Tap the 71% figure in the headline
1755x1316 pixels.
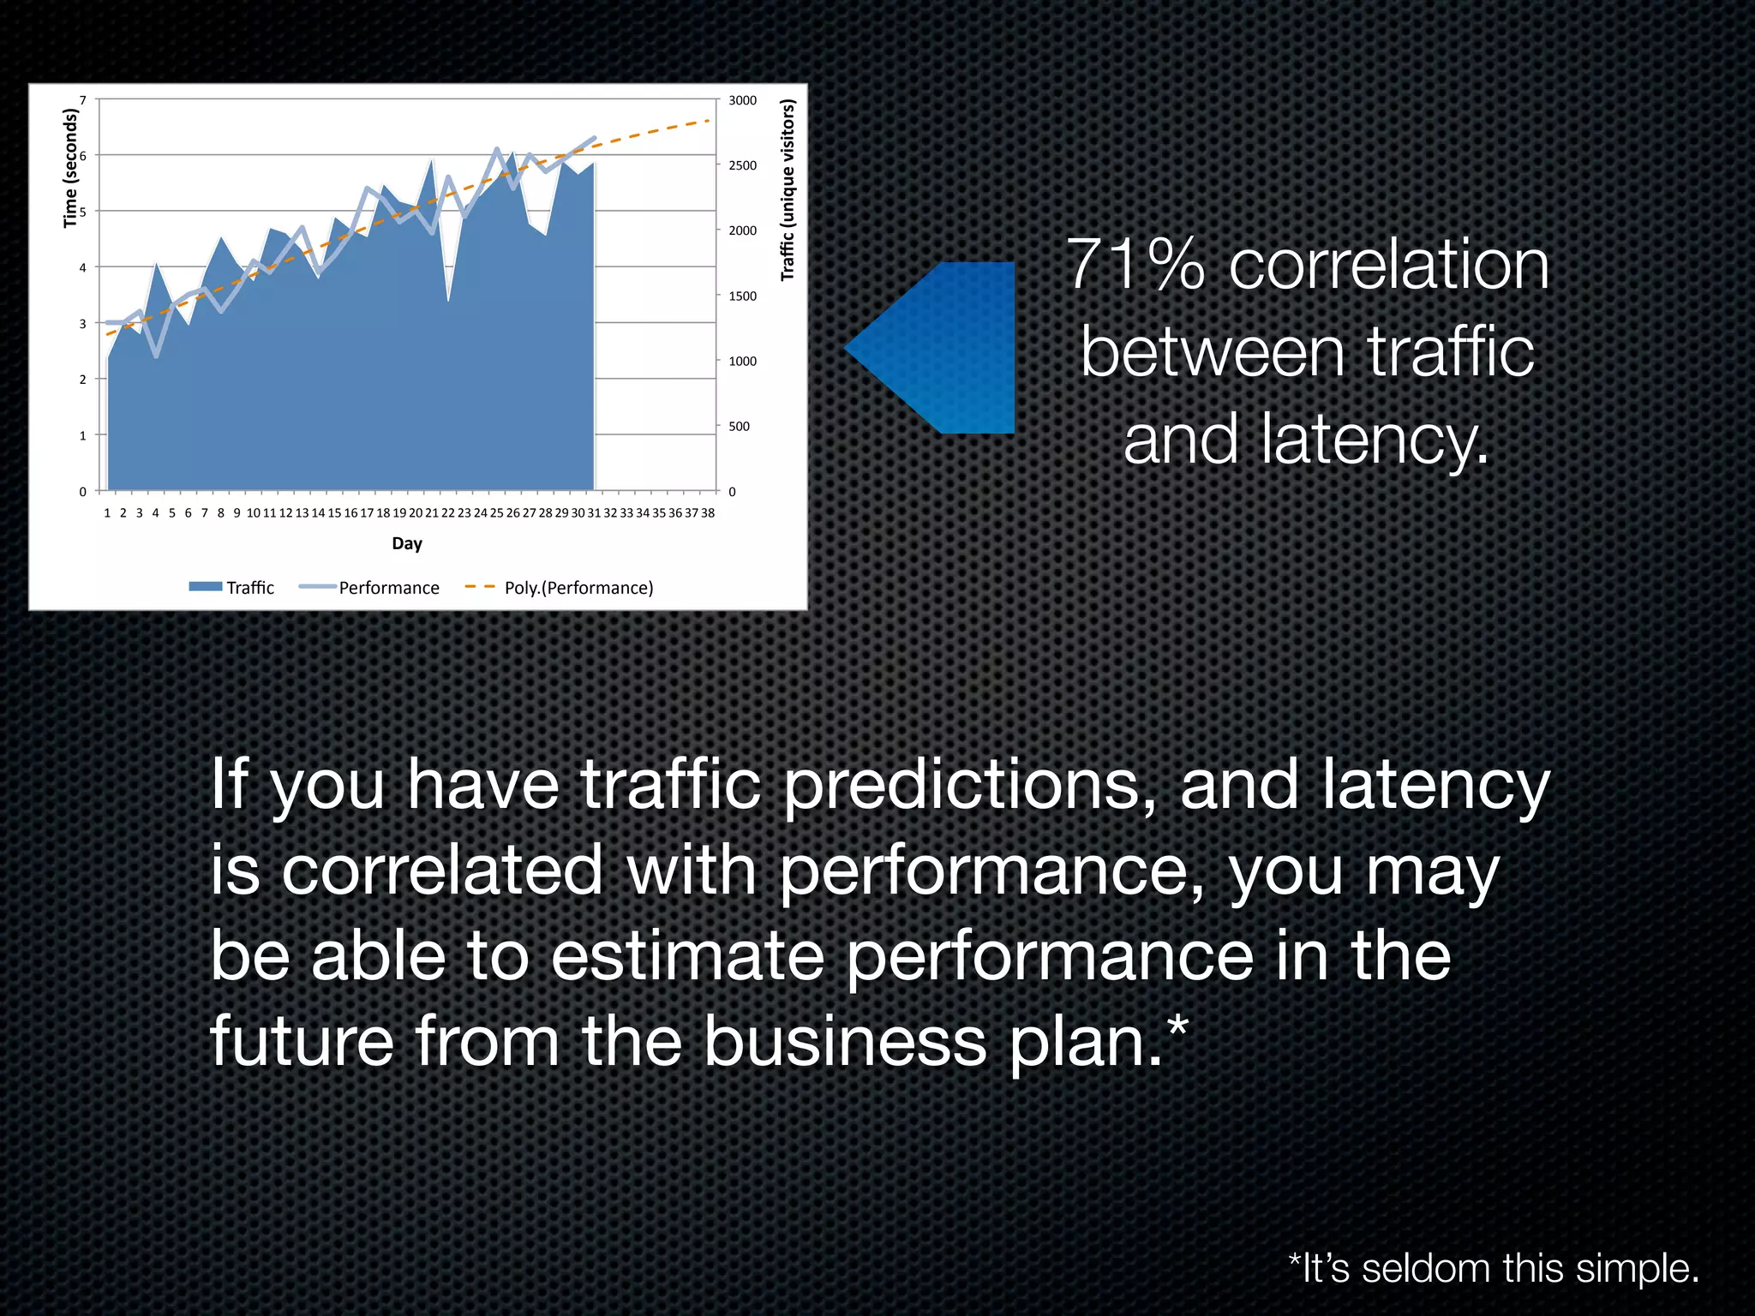point(1135,265)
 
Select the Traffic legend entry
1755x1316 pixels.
point(231,588)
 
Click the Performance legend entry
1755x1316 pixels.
point(369,588)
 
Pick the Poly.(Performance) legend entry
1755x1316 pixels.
point(560,588)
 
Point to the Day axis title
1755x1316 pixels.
point(407,543)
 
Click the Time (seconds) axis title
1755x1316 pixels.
point(70,168)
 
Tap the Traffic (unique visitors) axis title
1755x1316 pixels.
point(788,190)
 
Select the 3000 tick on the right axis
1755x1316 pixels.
point(742,100)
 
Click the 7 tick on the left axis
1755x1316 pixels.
point(83,100)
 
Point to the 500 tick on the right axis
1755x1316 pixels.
point(739,427)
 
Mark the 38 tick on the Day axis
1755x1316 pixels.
point(708,513)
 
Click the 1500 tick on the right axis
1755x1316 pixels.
point(742,296)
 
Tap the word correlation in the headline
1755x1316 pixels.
point(1389,265)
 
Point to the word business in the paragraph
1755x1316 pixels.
point(845,1041)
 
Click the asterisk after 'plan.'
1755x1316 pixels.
point(1178,1026)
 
